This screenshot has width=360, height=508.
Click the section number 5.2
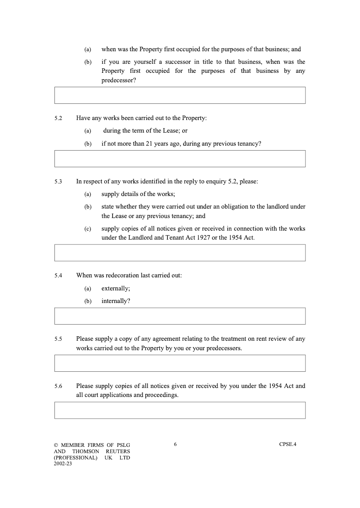(x=58, y=118)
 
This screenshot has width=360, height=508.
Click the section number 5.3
(x=58, y=182)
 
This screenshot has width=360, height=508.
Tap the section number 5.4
(x=58, y=276)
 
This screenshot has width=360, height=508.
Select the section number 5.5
(x=58, y=339)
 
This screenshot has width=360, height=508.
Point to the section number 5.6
(x=58, y=386)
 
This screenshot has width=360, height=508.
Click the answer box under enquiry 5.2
(x=180, y=159)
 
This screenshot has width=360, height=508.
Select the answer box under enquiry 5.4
(x=180, y=316)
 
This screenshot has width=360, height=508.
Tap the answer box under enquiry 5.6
(x=180, y=410)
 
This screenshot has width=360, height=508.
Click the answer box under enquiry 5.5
(x=180, y=363)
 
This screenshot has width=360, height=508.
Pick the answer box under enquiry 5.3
(x=180, y=253)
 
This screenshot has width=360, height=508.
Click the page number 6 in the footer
(x=175, y=445)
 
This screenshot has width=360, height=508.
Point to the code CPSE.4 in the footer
(x=288, y=445)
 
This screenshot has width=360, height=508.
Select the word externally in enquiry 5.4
(x=115, y=289)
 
